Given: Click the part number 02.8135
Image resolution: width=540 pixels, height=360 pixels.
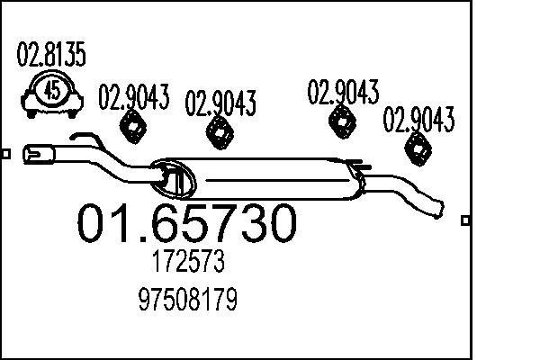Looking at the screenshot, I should (51, 56).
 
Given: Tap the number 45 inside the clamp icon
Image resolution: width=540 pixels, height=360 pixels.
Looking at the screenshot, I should (52, 90).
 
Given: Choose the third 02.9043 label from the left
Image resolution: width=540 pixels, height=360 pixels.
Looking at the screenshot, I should (343, 92).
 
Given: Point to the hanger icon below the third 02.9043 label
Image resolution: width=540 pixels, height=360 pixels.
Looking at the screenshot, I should (342, 121).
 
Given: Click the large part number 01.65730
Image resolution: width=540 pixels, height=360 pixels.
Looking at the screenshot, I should (185, 224).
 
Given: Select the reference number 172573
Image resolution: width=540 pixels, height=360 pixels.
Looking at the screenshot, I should (188, 264).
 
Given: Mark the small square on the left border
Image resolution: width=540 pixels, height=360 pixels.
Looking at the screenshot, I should (5, 154).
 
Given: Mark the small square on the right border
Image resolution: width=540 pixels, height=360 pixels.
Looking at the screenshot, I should (464, 220).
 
